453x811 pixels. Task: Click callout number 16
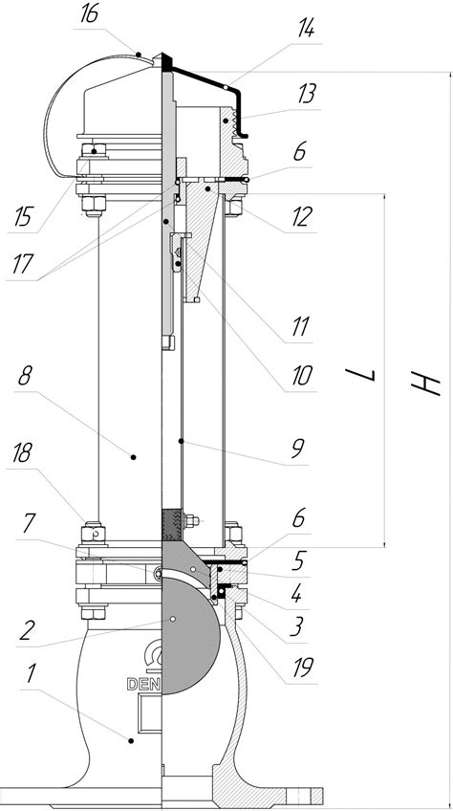point(89,14)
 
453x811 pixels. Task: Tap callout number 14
point(306,30)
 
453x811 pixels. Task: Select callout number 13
point(307,96)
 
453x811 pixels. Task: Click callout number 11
point(300,327)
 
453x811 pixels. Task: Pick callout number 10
point(302,376)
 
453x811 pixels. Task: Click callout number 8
point(24,377)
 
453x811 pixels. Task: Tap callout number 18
point(21,453)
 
